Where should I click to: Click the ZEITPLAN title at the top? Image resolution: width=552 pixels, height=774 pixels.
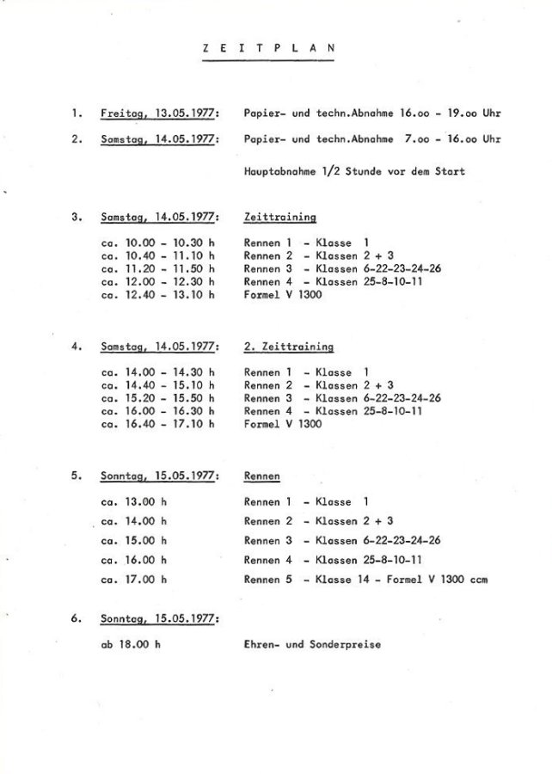(x=259, y=49)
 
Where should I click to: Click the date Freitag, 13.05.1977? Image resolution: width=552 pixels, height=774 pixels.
(x=160, y=114)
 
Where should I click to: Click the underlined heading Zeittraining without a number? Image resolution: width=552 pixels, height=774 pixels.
(x=280, y=218)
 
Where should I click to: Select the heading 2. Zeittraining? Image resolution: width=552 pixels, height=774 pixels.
(x=289, y=347)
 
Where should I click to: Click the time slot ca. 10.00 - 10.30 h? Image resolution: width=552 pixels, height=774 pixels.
(x=157, y=243)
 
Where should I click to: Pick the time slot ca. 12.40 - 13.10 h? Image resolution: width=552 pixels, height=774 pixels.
(x=157, y=295)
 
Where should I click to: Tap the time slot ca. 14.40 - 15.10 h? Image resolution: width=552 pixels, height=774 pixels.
(x=157, y=385)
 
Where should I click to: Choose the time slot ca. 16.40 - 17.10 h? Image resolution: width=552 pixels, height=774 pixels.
(x=157, y=424)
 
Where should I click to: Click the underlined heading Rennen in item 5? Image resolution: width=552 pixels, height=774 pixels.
(x=262, y=476)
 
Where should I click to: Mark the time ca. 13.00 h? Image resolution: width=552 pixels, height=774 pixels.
(x=134, y=501)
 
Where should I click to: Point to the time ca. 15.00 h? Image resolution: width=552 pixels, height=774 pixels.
(x=134, y=541)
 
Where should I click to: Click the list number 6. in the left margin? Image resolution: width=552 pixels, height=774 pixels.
(x=77, y=617)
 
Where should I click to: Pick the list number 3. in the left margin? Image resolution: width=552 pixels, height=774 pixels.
(x=77, y=218)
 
